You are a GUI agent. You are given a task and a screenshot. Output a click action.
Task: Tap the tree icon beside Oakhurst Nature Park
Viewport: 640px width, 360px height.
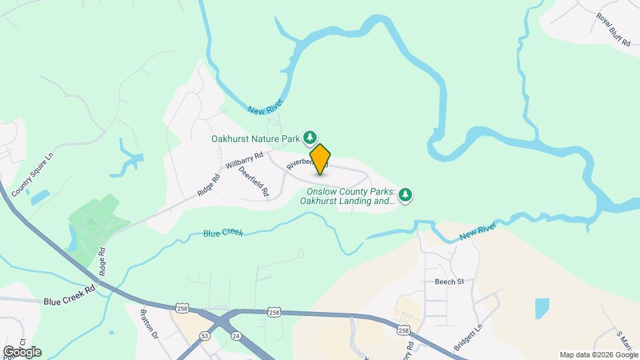pyautogui.click(x=309, y=138)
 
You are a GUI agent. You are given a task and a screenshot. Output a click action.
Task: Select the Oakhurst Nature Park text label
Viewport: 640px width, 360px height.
pyautogui.click(x=255, y=139)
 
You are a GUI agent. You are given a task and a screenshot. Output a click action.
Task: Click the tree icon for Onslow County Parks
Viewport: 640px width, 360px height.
pyautogui.click(x=405, y=195)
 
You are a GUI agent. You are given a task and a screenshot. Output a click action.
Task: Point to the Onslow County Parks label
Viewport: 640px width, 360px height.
pyautogui.click(x=347, y=196)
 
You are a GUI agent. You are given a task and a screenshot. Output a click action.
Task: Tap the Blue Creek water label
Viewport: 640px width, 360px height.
pyautogui.click(x=223, y=234)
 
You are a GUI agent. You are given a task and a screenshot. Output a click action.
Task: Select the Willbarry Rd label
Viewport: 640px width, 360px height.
pyautogui.click(x=244, y=160)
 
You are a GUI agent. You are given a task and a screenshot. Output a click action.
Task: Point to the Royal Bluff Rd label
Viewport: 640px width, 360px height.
pyautogui.click(x=613, y=29)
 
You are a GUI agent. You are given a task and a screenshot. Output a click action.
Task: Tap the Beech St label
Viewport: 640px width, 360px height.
pyautogui.click(x=449, y=282)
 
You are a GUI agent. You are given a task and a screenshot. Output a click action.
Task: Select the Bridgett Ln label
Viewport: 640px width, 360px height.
pyautogui.click(x=467, y=339)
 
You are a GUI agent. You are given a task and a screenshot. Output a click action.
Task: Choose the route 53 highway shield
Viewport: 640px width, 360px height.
pyautogui.click(x=205, y=336)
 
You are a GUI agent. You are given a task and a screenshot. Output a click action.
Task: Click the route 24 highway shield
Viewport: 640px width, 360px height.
pyautogui.click(x=236, y=336)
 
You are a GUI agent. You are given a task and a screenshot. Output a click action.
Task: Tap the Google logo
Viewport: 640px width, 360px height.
pyautogui.click(x=22, y=352)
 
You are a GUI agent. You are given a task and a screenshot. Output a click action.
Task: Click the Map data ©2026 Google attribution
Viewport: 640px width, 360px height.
pyautogui.click(x=598, y=355)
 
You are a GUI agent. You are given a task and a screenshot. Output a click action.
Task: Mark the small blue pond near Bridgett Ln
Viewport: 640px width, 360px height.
pyautogui.click(x=542, y=307)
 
